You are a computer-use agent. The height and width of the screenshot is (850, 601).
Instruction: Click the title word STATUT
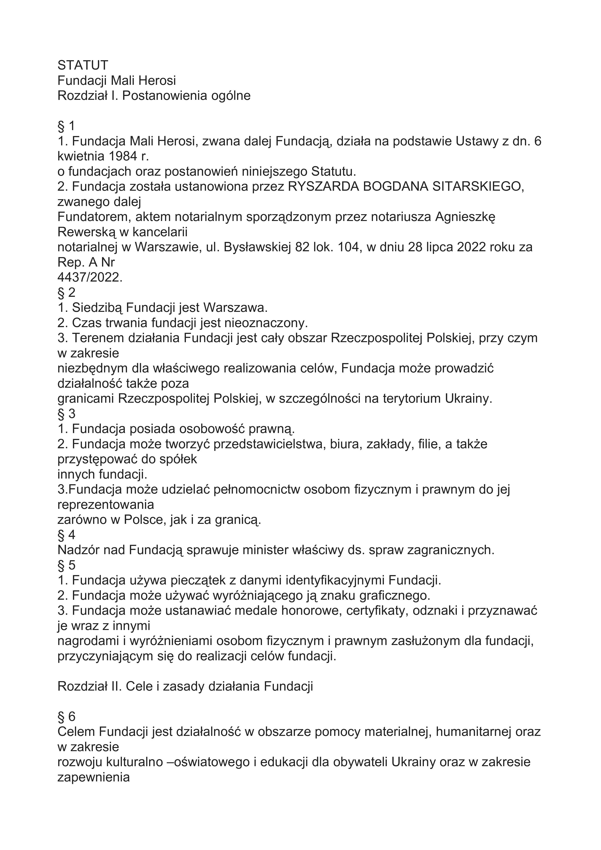point(83,65)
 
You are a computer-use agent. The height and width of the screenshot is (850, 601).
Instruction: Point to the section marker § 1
point(66,126)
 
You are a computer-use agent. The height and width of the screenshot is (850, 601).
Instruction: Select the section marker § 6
point(66,717)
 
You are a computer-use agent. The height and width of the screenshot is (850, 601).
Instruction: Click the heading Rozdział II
point(90,686)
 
